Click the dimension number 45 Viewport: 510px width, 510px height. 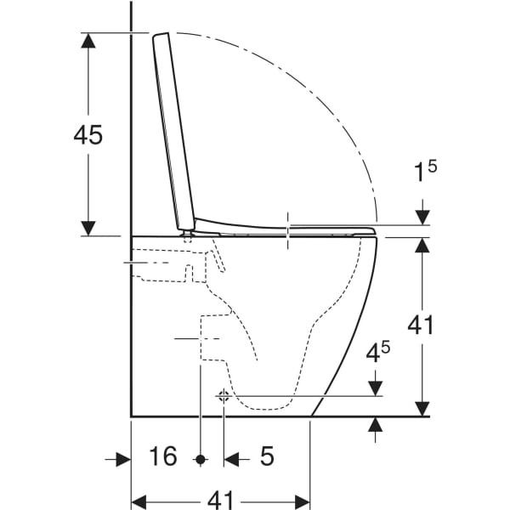coord(88,134)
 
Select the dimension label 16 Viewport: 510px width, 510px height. coord(163,456)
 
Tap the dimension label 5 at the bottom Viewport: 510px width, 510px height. coord(267,456)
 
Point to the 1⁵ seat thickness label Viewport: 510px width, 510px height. coord(425,172)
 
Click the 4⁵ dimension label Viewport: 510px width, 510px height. coord(378,352)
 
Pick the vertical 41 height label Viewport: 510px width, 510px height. coord(421,325)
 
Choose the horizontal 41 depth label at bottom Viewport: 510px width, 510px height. coord(220,501)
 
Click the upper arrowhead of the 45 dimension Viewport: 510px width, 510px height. coord(88,40)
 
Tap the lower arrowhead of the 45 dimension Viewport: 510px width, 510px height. coord(88,228)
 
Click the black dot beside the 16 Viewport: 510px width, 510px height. coord(201,460)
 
